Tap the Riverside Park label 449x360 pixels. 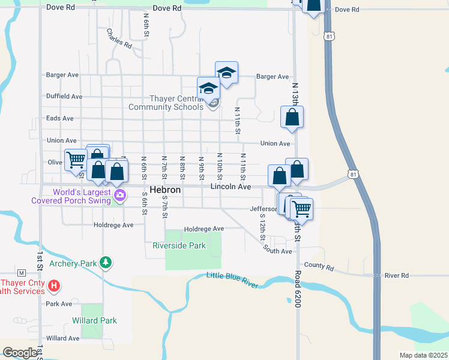coord(179,245)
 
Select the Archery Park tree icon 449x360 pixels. coord(106,263)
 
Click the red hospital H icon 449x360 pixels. coord(54,286)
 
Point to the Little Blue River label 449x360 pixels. coord(232,280)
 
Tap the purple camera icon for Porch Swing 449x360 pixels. coord(120,195)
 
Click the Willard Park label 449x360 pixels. coord(94,320)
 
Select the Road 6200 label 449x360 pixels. coord(297,289)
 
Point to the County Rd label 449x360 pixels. coord(318,265)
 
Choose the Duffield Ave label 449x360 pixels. coord(64,96)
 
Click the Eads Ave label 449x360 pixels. coord(60,119)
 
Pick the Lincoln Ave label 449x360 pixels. coord(231,187)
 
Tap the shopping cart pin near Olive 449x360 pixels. coord(76,160)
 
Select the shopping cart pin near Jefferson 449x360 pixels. coord(301,209)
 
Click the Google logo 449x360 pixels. coord(20,353)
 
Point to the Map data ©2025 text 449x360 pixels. coord(423,355)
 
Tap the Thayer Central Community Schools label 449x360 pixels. coord(166,103)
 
